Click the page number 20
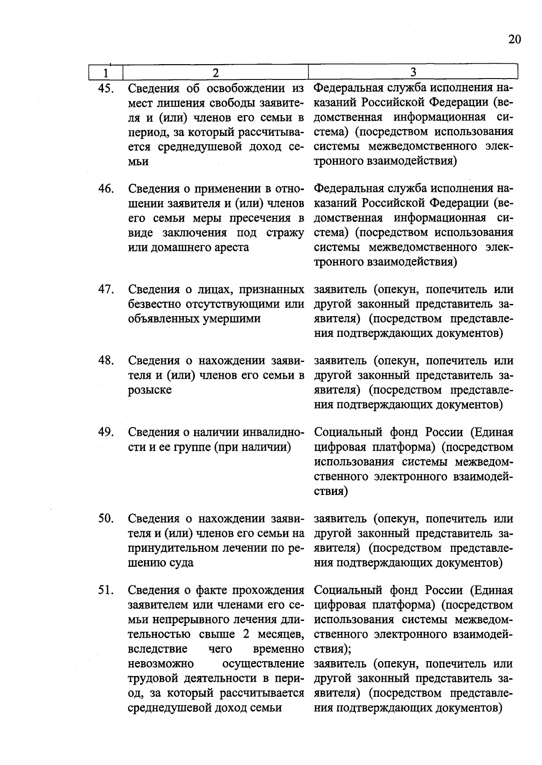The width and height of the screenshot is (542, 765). coord(514,39)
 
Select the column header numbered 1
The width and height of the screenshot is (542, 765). coord(105,72)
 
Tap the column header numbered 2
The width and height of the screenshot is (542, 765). coord(215,72)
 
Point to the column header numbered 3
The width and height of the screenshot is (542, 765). coord(413,72)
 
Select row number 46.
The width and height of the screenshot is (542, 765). coord(105,188)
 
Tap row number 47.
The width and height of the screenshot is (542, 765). coord(105,289)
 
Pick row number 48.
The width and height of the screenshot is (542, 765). coord(105,360)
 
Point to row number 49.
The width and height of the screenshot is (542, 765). coord(105,432)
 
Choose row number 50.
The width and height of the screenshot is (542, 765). coord(105,518)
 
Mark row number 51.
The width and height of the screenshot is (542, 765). coord(105,590)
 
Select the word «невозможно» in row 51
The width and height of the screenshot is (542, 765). coord(161,663)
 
